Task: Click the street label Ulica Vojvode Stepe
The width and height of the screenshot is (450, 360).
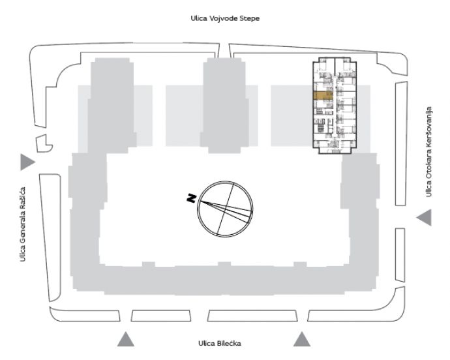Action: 225,18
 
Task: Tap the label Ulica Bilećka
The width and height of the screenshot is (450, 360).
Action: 220,343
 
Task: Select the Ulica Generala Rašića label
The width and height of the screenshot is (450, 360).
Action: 23,224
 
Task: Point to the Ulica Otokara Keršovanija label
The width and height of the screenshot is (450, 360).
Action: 428,152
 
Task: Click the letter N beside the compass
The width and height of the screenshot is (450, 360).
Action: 192,198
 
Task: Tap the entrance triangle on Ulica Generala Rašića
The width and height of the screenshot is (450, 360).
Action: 27,162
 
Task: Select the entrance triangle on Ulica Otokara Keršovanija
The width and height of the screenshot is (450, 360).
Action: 424,217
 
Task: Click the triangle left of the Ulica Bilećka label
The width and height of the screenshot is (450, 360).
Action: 125,339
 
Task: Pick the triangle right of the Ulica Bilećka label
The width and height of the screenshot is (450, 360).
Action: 301,339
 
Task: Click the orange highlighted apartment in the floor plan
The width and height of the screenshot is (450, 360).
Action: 323,96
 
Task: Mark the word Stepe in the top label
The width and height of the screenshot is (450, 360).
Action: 250,19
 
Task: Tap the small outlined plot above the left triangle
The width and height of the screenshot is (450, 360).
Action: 44,143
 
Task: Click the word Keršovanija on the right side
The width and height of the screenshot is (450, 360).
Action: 428,128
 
